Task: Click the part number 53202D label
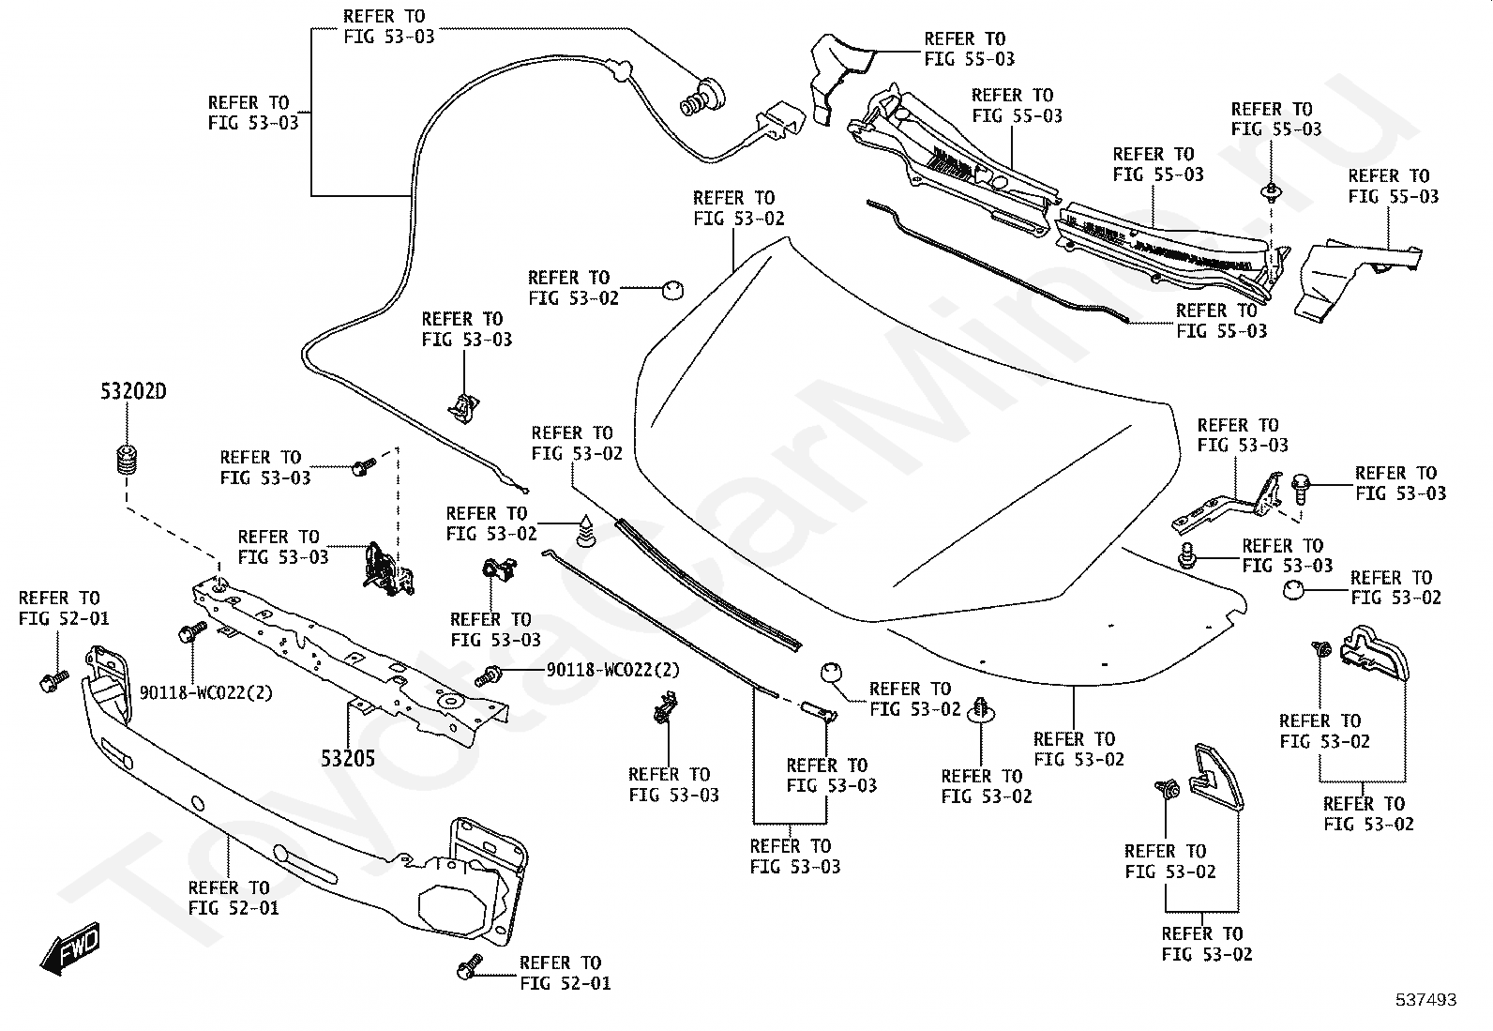pyautogui.click(x=133, y=392)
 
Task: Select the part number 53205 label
pyautogui.click(x=348, y=758)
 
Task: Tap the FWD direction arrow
pyautogui.click(x=70, y=949)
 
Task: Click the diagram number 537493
pyautogui.click(x=1425, y=1000)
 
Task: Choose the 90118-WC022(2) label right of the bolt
pyautogui.click(x=613, y=670)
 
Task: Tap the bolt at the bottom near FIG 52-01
pyautogui.click(x=468, y=967)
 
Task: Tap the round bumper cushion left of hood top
pyautogui.click(x=671, y=288)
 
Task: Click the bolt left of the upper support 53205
pyautogui.click(x=193, y=633)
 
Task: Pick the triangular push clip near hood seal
pyautogui.click(x=587, y=531)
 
